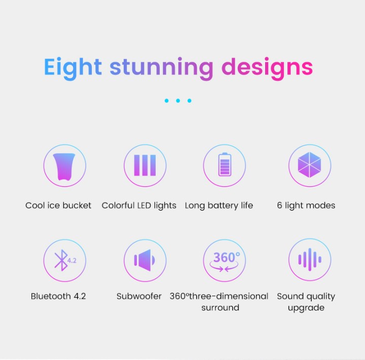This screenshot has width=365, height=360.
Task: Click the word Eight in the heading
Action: tap(73, 67)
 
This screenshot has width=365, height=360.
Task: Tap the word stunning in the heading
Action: tap(161, 67)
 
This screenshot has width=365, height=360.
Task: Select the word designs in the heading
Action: tap(267, 67)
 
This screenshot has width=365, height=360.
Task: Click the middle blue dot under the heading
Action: tap(178, 100)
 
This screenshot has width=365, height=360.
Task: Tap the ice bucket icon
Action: tap(64, 166)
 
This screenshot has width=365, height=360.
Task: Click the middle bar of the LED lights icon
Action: tap(145, 165)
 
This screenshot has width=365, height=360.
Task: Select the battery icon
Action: tap(225, 164)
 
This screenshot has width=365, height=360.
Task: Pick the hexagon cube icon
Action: tap(309, 165)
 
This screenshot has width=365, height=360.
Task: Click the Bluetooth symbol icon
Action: tap(61, 260)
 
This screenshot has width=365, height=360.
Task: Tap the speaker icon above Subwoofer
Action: tap(144, 260)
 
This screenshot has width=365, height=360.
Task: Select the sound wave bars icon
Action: tap(310, 260)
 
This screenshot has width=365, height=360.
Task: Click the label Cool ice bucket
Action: tap(58, 205)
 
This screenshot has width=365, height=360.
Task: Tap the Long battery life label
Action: tap(219, 206)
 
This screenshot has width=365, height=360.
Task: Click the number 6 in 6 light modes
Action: tap(279, 205)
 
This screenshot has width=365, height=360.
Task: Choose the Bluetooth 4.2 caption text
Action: tap(58, 296)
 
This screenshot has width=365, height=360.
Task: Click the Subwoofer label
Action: tap(139, 296)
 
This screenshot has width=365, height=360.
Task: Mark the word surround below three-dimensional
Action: tap(220, 308)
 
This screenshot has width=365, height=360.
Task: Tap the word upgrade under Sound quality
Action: tap(306, 308)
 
